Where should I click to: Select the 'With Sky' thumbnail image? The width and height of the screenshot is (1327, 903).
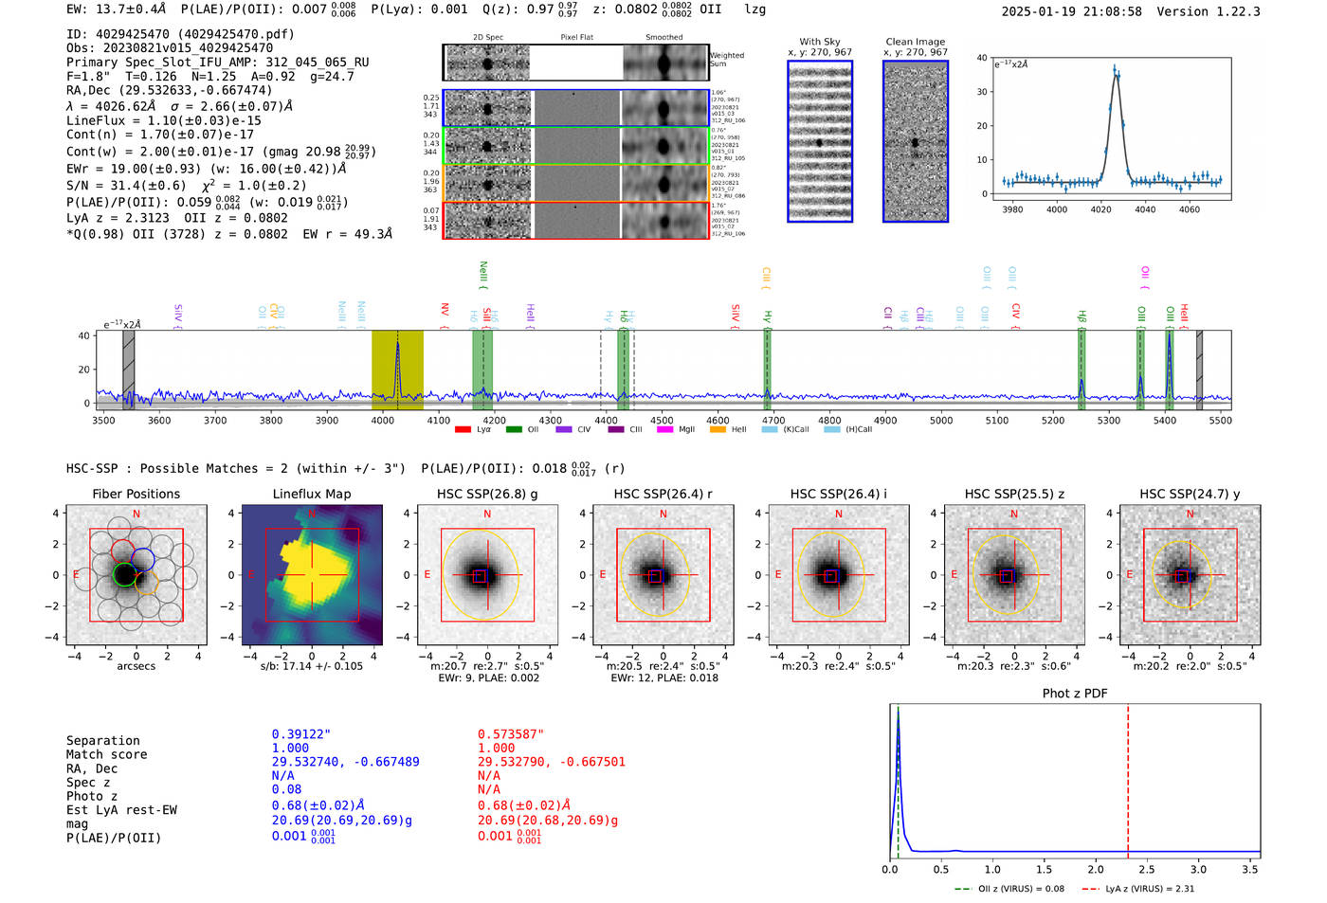coord(820,141)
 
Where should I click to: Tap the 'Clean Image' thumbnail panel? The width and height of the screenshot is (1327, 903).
coord(916,141)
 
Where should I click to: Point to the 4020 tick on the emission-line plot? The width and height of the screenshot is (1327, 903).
coord(1100,208)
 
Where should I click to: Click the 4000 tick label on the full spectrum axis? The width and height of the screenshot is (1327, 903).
coord(382,421)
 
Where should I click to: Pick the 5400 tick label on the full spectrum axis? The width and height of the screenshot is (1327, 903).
coord(1164,421)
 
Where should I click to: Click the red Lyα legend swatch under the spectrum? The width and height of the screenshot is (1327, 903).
coord(463,430)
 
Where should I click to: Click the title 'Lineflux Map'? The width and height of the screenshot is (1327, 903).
coord(311,494)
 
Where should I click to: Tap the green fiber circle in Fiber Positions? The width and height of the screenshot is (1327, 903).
coord(124,574)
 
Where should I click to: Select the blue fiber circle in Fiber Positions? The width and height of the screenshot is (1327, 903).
coord(143,559)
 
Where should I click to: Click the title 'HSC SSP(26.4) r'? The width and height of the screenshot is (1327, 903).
coord(663,494)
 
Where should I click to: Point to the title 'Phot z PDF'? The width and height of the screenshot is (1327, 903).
coord(1075,694)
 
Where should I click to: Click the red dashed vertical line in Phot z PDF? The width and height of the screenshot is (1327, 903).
coord(1128,777)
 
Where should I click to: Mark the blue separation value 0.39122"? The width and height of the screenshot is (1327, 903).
coord(301,734)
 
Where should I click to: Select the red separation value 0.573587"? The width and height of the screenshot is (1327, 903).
coord(511,734)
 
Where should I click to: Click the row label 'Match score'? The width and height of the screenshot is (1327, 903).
coord(106,754)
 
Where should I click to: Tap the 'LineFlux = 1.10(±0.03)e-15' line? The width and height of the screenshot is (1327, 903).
coord(164,120)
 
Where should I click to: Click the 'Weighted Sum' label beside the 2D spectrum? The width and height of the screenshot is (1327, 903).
coord(726,60)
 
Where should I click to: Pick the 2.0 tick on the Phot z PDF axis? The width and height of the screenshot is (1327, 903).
coord(1096,869)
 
